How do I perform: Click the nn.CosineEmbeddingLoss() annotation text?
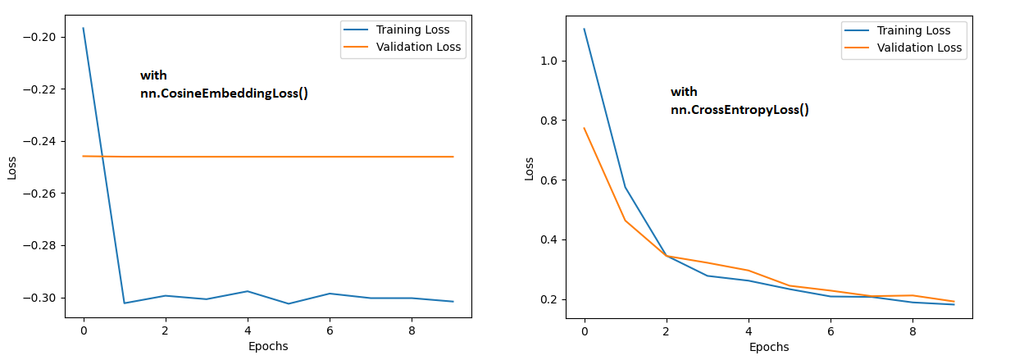pos(224,93)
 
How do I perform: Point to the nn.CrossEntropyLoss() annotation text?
pos(739,109)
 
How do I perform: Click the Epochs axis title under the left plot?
pos(268,346)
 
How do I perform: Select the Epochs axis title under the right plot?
pos(769,347)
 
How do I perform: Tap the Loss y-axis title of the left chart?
pos(11,167)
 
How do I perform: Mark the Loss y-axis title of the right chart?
pos(530,167)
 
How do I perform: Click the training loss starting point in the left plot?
pos(84,29)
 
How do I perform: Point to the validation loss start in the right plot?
pos(585,128)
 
